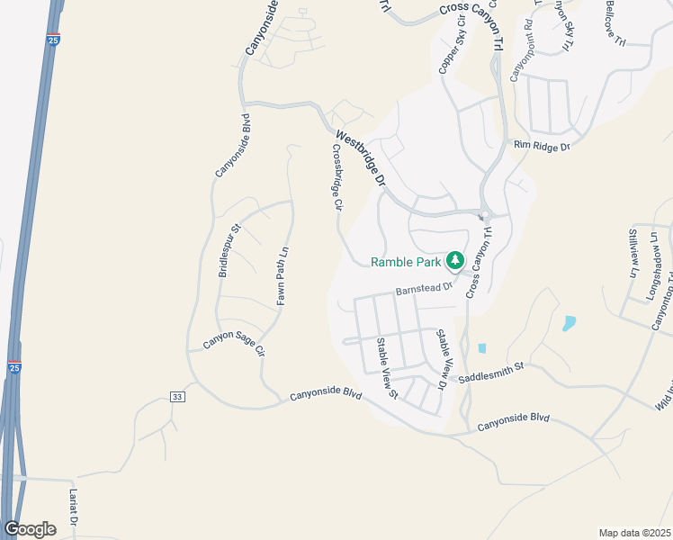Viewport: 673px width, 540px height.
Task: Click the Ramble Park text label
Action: [406, 262]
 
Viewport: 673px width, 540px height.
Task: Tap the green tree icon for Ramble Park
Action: [455, 261]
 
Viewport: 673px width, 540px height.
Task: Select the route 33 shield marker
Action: [177, 397]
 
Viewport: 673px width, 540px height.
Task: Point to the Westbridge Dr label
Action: [360, 158]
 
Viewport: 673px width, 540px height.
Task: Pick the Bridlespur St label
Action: [227, 250]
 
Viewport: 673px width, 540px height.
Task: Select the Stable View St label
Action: [387, 367]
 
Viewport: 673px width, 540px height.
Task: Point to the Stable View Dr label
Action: [442, 358]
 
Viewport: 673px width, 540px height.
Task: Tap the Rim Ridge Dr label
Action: [542, 145]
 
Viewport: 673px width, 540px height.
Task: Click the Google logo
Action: [31, 529]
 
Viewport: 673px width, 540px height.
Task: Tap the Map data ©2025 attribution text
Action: [634, 533]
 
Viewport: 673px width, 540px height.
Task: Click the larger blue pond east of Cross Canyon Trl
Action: [569, 323]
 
